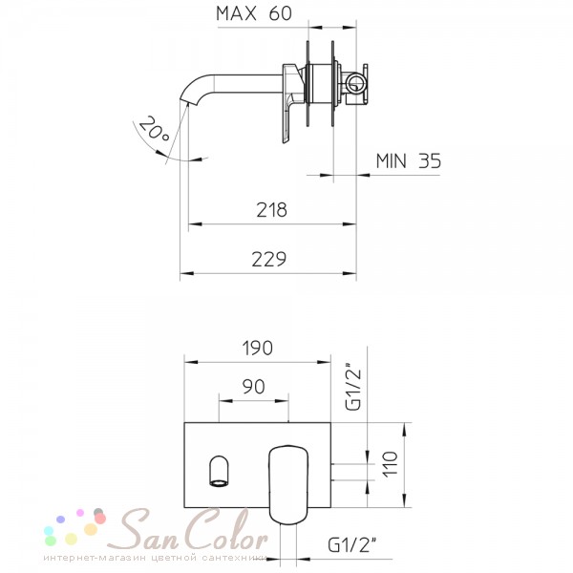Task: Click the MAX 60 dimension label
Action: click(254, 13)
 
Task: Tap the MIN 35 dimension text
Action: click(409, 160)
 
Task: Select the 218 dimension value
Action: click(271, 210)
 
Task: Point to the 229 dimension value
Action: click(269, 259)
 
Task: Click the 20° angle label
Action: click(154, 130)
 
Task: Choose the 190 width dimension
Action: click(258, 348)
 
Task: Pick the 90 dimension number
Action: click(253, 387)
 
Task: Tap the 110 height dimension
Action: click(390, 463)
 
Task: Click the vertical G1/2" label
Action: click(352, 386)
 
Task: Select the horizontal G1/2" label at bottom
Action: click(351, 545)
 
